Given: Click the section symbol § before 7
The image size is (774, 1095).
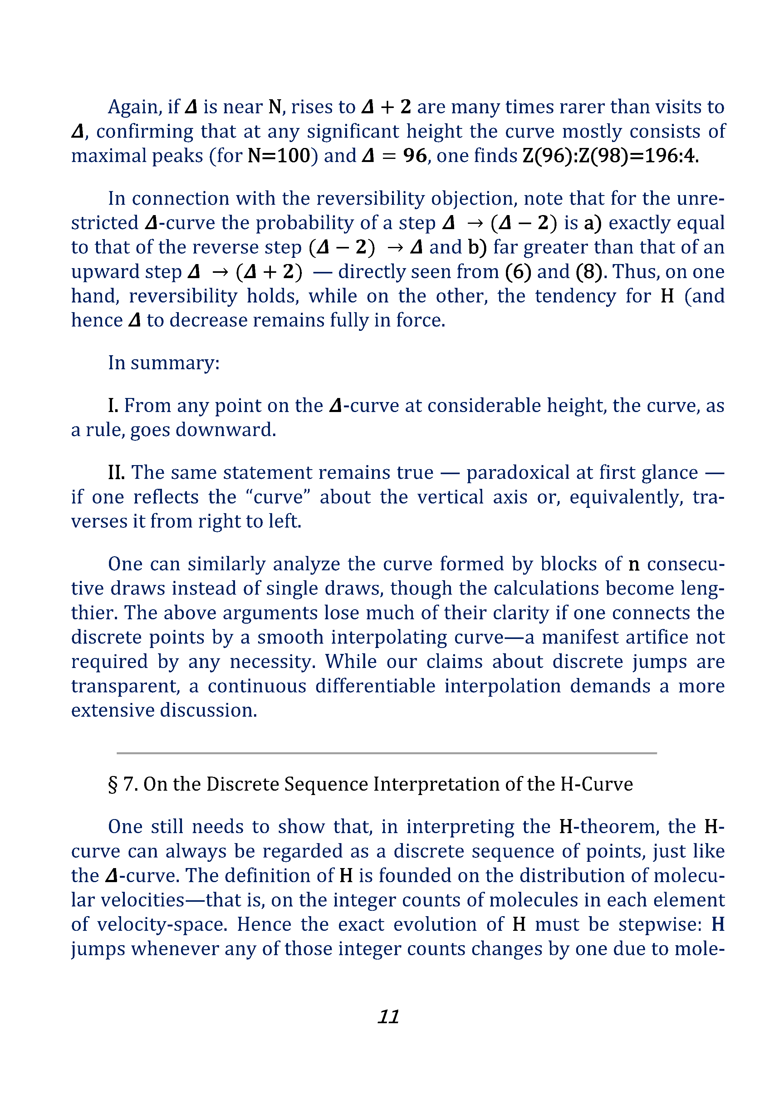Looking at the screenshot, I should (x=113, y=784).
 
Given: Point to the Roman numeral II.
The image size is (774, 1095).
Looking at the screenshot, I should (x=116, y=473).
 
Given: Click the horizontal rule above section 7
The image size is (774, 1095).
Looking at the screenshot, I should (x=387, y=753).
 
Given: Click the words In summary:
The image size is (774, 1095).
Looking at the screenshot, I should (x=164, y=363).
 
